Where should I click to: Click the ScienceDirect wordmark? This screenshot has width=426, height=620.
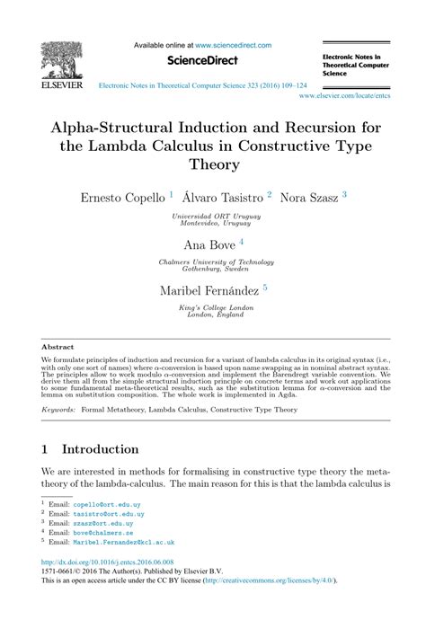tap(201, 59)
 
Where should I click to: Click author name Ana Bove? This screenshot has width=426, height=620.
tap(208, 244)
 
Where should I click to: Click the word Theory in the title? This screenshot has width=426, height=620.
tap(213, 164)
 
